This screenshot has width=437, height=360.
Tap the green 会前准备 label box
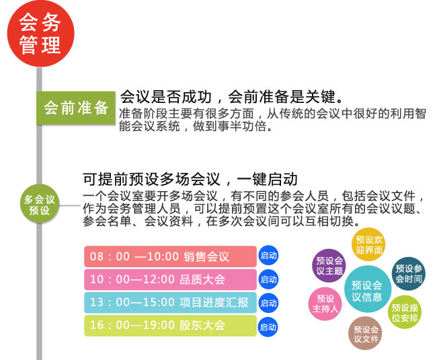[x=75, y=108]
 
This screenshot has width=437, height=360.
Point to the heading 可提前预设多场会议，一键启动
[x=190, y=179]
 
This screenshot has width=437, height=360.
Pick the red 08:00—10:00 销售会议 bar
[x=170, y=256]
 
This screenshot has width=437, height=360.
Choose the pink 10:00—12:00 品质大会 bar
[x=170, y=279]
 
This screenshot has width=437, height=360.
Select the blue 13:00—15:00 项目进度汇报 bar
[x=170, y=303]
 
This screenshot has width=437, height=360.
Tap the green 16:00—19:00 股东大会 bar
[x=170, y=326]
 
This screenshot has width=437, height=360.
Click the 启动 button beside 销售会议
[x=268, y=256]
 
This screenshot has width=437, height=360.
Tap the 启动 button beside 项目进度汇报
[x=268, y=303]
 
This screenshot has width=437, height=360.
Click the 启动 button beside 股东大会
[x=268, y=327]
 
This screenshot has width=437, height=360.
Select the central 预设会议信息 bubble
[x=367, y=290]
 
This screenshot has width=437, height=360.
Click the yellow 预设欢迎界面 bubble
[x=369, y=244]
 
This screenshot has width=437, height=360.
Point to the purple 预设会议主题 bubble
[x=329, y=265]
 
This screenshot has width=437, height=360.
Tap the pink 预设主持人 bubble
[x=325, y=303]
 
